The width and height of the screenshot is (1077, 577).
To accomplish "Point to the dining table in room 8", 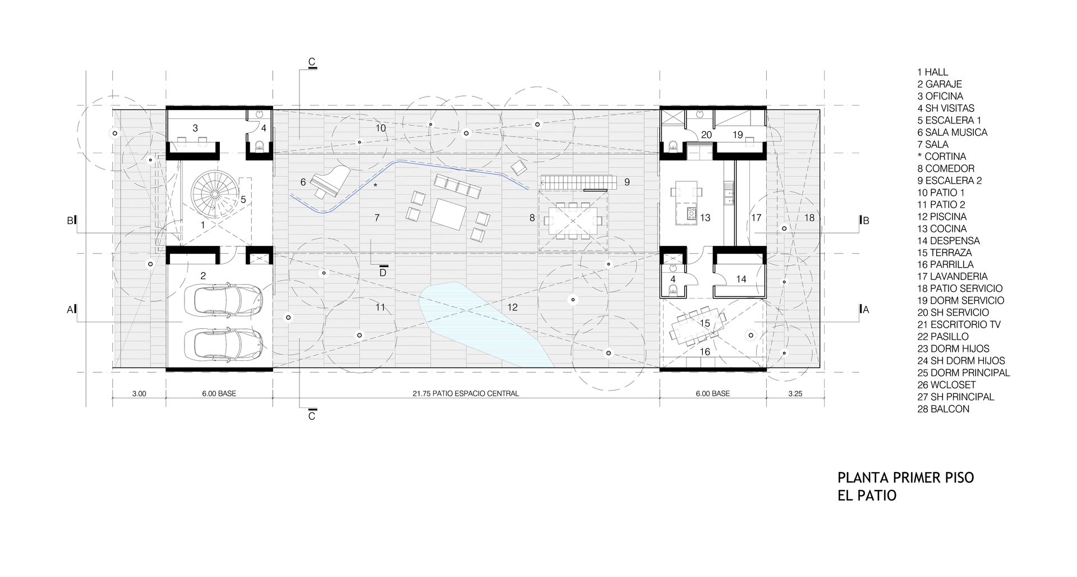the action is coord(573,221).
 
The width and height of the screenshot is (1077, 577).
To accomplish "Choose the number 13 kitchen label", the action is coord(705,218).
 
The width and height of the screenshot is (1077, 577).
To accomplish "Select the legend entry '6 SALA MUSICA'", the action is coord(952,132).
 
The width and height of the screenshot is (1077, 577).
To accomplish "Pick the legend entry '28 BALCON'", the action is coord(943,409).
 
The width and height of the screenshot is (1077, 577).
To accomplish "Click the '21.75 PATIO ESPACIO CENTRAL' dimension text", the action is coord(466,393).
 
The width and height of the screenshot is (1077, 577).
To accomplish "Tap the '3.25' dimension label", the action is coord(795,393).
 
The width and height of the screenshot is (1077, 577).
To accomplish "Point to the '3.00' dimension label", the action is coord(139,393).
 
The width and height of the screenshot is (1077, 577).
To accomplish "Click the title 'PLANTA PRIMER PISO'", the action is coord(905,478).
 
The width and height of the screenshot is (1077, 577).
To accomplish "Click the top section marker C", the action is coord(312,62).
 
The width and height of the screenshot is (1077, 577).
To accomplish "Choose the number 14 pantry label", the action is coord(741,279).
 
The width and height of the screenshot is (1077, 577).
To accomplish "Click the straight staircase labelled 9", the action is coord(578,182).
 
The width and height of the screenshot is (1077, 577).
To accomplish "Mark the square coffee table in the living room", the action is coord(449,214).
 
